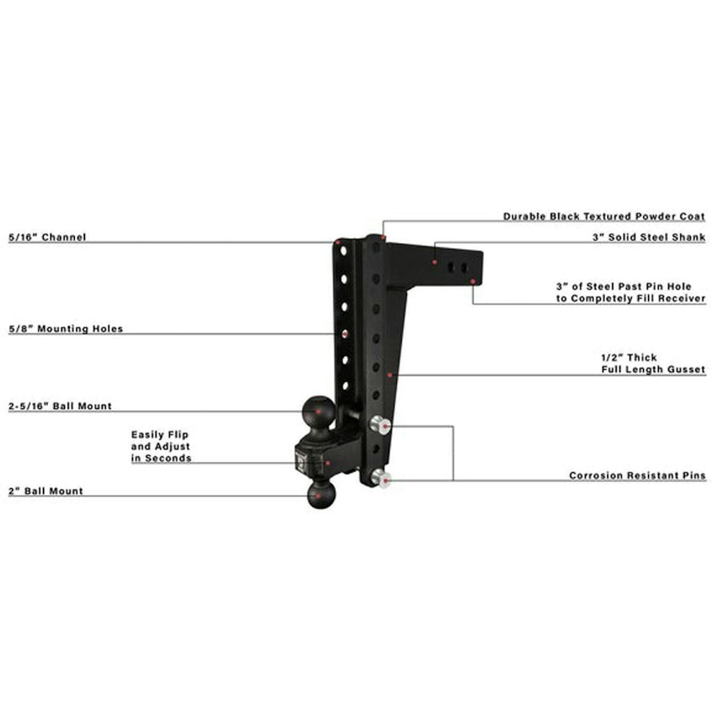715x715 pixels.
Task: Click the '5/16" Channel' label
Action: [47, 237]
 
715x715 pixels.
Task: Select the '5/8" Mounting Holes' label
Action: [65, 328]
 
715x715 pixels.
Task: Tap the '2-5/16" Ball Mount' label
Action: [60, 406]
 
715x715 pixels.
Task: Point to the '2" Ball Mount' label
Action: [46, 491]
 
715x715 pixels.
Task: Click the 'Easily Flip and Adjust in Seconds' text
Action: [161, 446]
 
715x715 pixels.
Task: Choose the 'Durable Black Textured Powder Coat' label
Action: [604, 216]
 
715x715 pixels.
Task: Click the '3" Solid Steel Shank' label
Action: [649, 237]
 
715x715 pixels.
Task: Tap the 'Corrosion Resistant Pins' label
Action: [637, 475]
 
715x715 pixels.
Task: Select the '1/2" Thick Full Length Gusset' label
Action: [653, 363]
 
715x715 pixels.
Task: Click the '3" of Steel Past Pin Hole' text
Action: [623, 286]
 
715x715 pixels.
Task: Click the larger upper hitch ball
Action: [318, 411]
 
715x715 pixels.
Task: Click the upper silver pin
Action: [380, 425]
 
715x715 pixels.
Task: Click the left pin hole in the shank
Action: [450, 268]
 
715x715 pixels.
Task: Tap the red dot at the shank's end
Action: [473, 282]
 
